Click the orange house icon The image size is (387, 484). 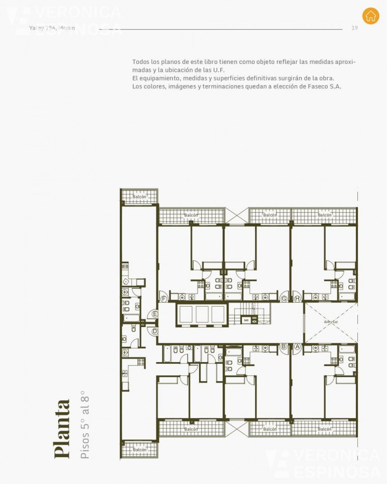(x=371, y=16)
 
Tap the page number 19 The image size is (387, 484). (x=354, y=28)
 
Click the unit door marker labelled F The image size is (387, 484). (x=163, y=299)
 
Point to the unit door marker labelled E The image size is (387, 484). (x=155, y=314)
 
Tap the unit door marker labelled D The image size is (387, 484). (x=155, y=331)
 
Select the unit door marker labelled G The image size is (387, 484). (x=284, y=299)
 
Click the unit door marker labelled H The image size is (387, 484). (x=297, y=299)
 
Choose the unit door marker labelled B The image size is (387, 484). (x=284, y=346)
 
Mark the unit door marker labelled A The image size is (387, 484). (x=297, y=346)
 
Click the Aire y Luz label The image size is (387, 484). (x=331, y=322)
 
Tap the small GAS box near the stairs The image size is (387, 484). (x=246, y=320)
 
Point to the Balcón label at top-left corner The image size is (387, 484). (x=139, y=197)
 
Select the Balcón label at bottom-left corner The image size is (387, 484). (x=139, y=450)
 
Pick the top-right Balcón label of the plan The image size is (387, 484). (x=324, y=215)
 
